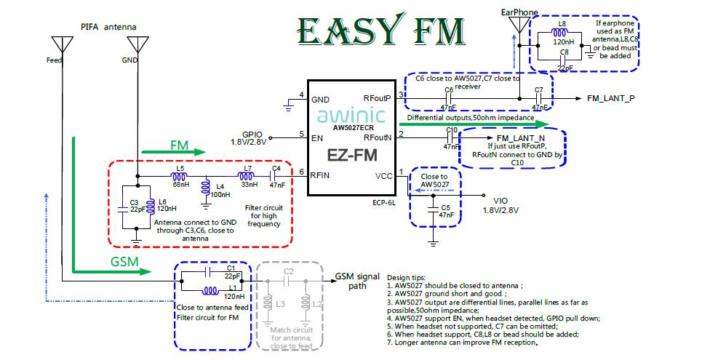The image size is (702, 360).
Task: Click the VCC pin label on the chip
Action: coord(383,176)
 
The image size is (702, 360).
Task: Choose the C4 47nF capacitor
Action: coord(276,175)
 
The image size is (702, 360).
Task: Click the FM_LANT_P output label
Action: coord(611,98)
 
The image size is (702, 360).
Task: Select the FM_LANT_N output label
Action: coord(520,137)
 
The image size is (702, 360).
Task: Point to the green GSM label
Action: coord(125,260)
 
